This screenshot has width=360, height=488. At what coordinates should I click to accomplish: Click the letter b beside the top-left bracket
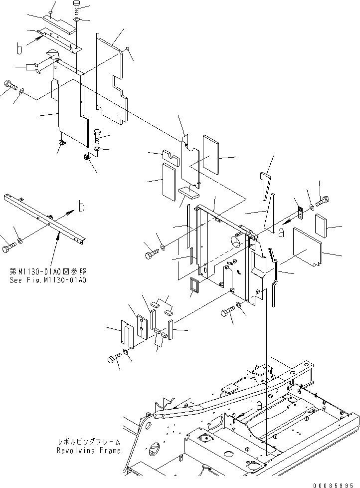[x=19, y=49]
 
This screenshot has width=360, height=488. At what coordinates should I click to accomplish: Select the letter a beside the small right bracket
[x=282, y=232]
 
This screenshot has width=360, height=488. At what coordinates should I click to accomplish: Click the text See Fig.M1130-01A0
[x=48, y=280]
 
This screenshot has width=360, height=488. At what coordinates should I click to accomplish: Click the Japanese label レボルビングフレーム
[x=88, y=443]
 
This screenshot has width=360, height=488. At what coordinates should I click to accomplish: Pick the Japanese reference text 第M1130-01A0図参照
[x=48, y=272]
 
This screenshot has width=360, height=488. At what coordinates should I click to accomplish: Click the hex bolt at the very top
[x=76, y=7]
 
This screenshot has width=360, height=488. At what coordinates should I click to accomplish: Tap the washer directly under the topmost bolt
[x=76, y=20]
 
